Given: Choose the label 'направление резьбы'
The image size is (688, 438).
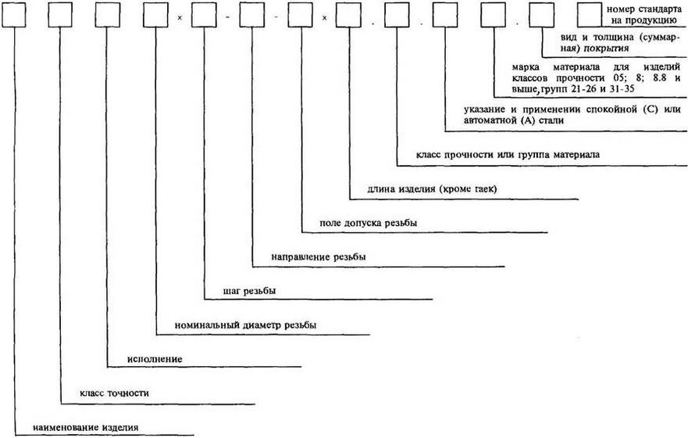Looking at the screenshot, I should (319, 256).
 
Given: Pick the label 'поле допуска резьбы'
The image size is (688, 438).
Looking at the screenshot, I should (368, 223).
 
